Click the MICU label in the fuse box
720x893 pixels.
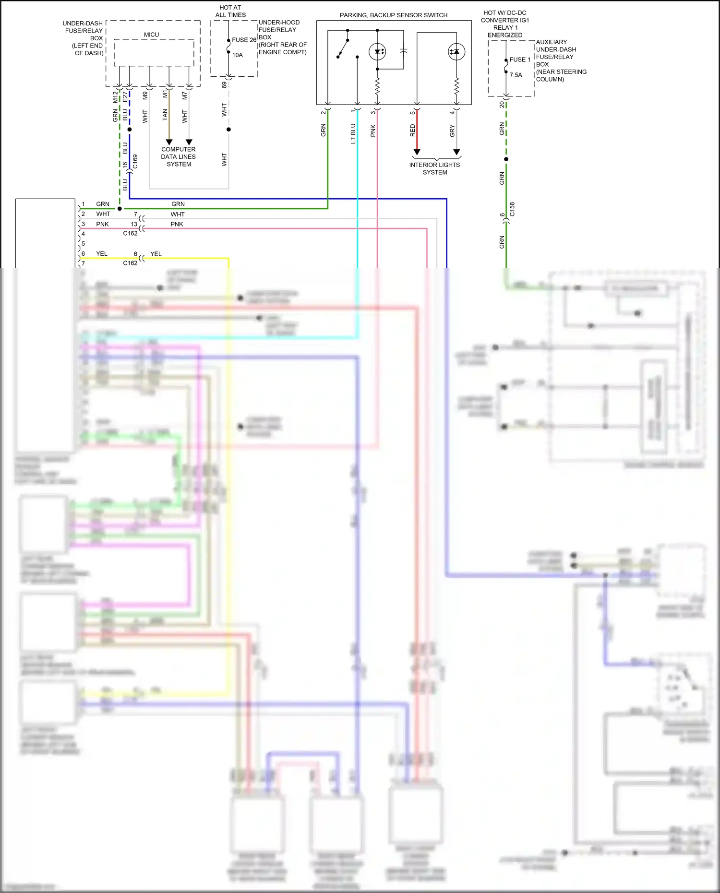151,35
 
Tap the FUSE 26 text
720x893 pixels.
244,40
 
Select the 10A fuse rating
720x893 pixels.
238,55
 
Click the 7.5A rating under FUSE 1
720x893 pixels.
516,75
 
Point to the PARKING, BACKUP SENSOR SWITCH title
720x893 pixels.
394,15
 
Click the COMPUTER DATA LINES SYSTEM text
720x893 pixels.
179,156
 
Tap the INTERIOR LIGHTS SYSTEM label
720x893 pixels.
434,168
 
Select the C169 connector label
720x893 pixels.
135,161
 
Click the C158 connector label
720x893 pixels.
512,209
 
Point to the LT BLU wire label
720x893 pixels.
353,134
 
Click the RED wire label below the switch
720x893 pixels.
412,131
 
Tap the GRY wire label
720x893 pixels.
452,131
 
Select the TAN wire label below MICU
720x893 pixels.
165,115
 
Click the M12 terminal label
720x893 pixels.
115,97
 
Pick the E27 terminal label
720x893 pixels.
125,97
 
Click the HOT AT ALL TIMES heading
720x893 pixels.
230,11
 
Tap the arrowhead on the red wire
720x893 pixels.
417,152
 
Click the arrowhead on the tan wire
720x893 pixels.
169,142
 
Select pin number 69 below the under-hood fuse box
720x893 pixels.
224,85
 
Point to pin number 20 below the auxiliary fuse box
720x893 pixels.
502,104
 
